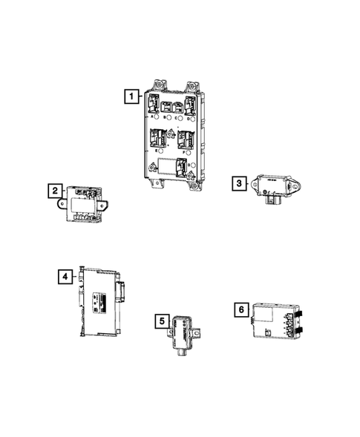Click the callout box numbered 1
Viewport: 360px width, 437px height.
131,96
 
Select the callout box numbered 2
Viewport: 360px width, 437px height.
55,191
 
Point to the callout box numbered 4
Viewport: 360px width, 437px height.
65,276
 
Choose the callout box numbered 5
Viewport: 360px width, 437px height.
160,321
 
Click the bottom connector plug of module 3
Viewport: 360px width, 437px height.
276,199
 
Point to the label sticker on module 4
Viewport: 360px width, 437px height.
100,301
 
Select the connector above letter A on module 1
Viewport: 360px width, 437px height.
152,104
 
